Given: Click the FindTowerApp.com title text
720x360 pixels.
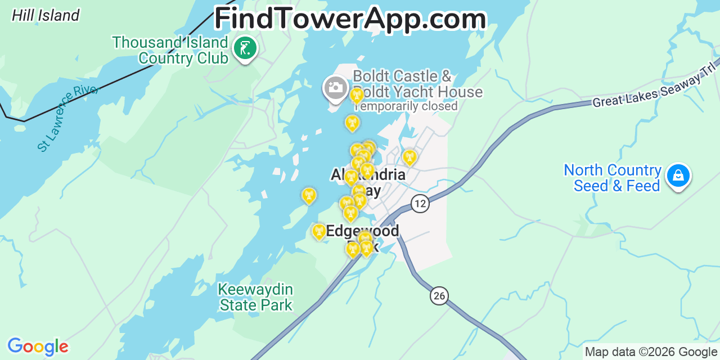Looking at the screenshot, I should click(x=350, y=19).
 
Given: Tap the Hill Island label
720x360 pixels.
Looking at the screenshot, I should click(x=46, y=15).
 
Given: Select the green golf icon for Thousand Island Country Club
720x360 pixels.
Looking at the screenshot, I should click(x=245, y=48).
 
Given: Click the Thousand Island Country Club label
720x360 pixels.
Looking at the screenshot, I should click(x=170, y=50).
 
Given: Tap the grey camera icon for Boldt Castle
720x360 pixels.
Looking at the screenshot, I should click(x=335, y=88).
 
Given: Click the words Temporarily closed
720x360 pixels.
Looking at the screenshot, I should click(x=406, y=106).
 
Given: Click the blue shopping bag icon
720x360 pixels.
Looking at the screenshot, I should click(x=678, y=176).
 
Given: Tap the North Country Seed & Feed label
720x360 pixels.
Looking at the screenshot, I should click(x=613, y=178).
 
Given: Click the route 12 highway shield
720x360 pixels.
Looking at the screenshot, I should click(x=420, y=203).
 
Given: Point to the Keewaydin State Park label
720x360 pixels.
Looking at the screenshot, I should click(x=256, y=297).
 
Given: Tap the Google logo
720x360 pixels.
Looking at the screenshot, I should click(x=37, y=346).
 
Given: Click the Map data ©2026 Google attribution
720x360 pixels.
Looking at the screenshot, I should click(x=651, y=352).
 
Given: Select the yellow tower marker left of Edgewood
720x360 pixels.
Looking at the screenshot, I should click(x=319, y=231).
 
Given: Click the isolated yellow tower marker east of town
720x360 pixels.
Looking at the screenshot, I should click(x=409, y=157).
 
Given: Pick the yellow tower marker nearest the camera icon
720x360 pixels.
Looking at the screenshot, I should click(x=357, y=95).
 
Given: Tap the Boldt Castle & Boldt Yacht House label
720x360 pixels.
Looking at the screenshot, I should click(x=417, y=84).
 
